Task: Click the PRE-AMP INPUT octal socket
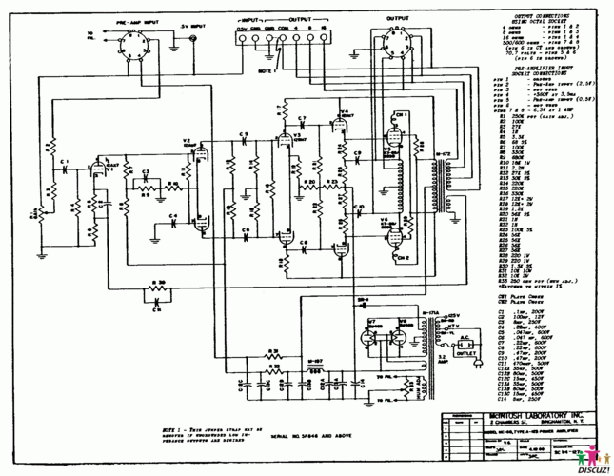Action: tap(137, 40)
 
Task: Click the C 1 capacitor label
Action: tap(65, 163)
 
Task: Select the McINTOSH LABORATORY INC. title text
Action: tap(495, 421)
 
